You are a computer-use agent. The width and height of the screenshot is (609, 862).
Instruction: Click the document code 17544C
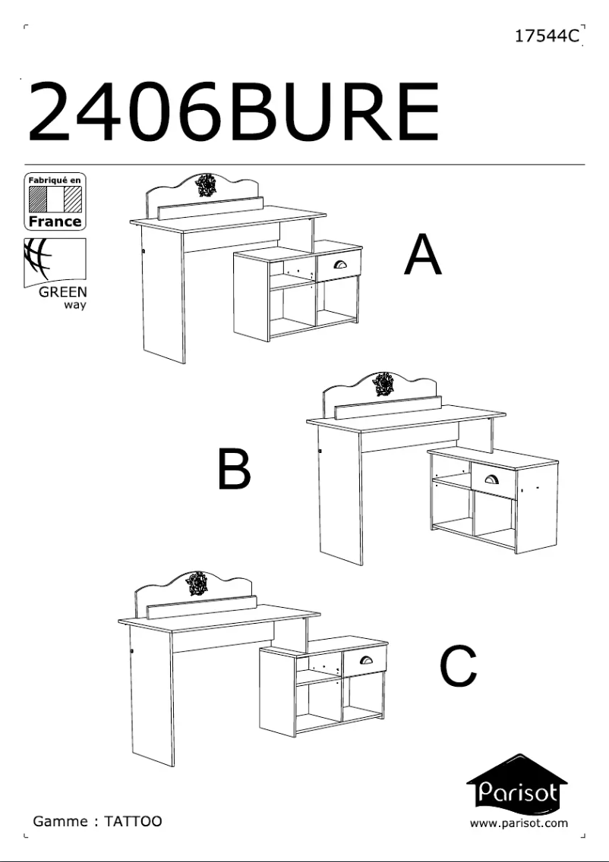coord(547,36)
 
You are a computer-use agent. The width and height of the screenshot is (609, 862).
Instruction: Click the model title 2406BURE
coord(234,112)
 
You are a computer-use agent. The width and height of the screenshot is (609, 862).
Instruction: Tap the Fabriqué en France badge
coord(55,201)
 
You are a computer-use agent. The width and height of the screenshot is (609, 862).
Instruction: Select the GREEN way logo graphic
coord(55,263)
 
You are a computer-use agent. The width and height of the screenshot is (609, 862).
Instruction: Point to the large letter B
coord(234,469)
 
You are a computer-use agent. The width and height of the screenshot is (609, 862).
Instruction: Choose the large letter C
coord(458,666)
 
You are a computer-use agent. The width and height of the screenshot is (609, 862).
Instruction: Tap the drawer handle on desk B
coord(492,480)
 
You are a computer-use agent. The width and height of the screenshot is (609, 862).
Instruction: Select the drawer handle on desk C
coord(366,659)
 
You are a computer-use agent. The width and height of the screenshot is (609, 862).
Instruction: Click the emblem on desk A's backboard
coord(206,185)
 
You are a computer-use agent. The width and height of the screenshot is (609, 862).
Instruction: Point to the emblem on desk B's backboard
coord(383,384)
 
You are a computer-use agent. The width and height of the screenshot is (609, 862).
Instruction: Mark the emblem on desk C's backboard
coord(197,584)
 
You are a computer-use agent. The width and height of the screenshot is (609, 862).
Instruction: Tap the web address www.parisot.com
coord(519,823)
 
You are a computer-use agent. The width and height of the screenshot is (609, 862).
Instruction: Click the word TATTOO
coord(133,821)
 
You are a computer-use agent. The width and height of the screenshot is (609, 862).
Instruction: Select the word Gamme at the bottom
coord(61,821)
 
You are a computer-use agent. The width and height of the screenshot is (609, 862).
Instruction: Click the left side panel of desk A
coord(163,294)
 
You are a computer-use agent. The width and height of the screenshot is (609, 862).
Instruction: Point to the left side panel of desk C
coord(152,695)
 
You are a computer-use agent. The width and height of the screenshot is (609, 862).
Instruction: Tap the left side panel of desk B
coord(340,495)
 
